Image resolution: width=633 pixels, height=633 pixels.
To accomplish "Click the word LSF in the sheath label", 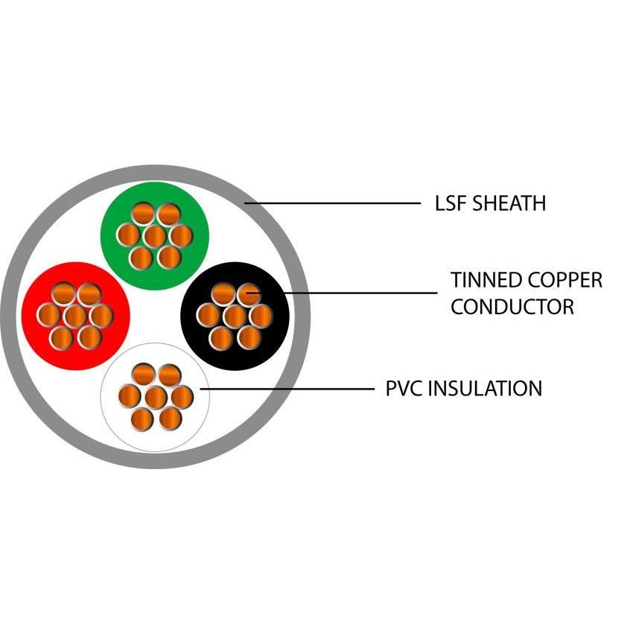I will tap(451, 203).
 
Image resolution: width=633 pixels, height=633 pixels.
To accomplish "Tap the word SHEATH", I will tap(508, 203).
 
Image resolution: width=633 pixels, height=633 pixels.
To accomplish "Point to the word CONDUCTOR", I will tap(512, 307).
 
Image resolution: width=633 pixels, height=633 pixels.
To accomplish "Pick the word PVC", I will tap(403, 388).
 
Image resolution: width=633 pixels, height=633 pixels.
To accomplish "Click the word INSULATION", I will tap(484, 388).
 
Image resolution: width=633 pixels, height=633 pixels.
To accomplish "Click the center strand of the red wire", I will tap(75, 316).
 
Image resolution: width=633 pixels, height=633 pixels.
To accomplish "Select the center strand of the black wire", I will tap(235, 316).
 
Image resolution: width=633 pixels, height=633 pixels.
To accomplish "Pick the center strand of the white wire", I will tap(156, 397).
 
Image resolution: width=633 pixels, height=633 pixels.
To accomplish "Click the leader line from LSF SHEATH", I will tap(335, 203).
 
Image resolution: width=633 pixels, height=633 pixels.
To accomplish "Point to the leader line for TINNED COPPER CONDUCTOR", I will tap(357, 293).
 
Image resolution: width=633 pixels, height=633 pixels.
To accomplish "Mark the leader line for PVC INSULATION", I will tap(290, 388).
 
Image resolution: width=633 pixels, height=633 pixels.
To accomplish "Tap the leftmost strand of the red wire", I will tap(48, 316).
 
